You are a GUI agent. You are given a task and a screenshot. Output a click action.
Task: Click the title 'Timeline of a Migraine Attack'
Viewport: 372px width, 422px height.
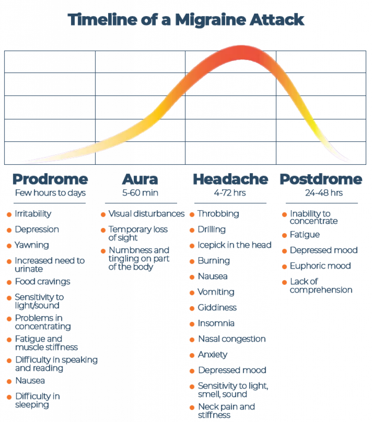point(186,19)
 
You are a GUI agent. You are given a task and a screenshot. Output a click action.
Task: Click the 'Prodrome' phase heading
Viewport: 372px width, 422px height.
point(50,179)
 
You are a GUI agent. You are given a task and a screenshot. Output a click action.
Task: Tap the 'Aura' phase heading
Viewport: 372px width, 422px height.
point(140,179)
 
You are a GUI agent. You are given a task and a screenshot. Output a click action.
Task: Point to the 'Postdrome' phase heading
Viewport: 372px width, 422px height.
point(321,179)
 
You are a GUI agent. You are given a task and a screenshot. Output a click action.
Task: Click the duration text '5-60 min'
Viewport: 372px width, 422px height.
point(140,192)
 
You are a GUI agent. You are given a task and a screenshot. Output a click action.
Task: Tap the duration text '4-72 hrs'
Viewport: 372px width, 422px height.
point(230,192)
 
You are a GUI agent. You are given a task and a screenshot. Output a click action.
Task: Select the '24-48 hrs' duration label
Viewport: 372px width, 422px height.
point(321,192)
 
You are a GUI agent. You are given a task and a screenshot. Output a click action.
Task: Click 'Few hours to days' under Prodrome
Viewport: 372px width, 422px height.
point(50,192)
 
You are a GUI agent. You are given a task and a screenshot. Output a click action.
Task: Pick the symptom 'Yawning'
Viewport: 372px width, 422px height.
point(32,245)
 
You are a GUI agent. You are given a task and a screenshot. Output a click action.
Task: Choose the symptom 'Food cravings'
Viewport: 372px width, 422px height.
point(43,282)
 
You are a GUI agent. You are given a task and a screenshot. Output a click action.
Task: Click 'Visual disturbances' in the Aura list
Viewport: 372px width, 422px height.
point(146,214)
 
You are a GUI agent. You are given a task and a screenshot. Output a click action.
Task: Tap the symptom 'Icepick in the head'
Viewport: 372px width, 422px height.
point(234,245)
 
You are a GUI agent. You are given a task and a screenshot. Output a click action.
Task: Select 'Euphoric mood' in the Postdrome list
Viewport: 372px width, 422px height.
point(320,266)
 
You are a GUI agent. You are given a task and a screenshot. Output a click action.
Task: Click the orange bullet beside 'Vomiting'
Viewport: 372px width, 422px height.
point(192,293)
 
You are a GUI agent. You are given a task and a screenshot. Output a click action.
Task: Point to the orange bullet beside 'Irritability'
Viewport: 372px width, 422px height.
point(9,214)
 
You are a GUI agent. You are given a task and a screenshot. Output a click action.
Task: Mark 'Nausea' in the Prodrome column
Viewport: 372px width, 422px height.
point(30,381)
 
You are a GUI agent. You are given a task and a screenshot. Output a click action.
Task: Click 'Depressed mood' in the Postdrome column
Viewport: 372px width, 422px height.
point(323,251)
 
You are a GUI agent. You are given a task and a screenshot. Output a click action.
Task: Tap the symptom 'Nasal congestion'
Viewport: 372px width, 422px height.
point(231,339)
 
